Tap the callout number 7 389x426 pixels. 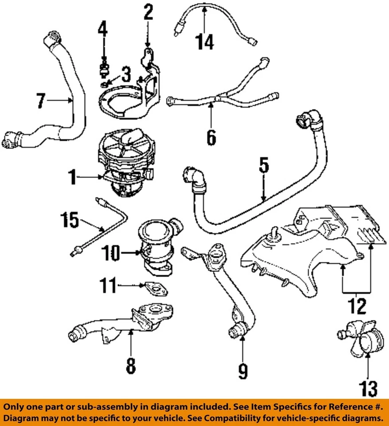tap(40, 101)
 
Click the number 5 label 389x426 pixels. tap(263, 166)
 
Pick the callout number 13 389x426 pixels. tap(368, 389)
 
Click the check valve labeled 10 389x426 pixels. tap(155, 246)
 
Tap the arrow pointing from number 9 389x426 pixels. tap(243, 351)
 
